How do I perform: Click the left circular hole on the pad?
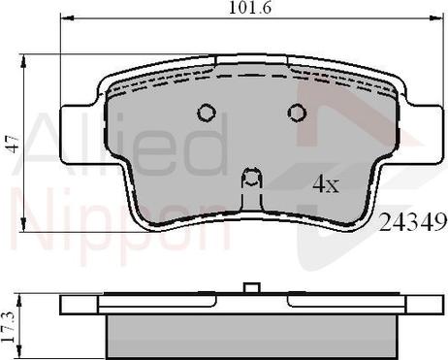(x=206, y=113)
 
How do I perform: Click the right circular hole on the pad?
(x=297, y=113)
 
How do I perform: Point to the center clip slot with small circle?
(x=251, y=179)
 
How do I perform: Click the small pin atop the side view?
(x=251, y=287)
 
